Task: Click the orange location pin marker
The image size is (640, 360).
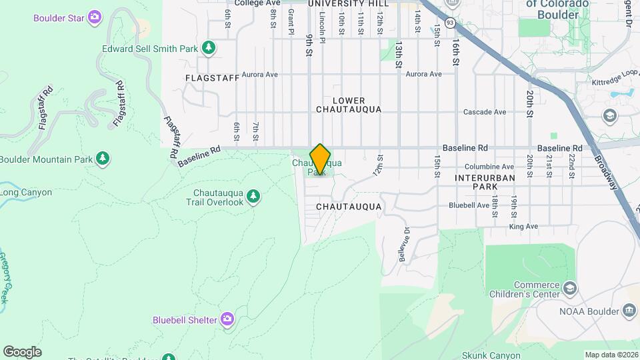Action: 320,159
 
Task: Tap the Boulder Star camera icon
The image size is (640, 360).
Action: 96,16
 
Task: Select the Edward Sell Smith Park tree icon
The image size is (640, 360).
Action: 209,47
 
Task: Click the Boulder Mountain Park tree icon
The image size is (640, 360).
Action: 103,158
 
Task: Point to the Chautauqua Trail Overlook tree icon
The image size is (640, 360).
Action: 253,195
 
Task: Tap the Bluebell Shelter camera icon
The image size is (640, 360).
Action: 228,319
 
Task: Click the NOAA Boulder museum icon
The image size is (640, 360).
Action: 628,310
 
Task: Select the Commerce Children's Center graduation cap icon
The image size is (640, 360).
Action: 570,288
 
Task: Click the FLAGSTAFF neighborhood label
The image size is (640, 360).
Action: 213,78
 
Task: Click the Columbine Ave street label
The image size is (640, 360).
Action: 490,167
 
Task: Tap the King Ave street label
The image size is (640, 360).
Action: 523,227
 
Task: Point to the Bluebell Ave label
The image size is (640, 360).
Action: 469,205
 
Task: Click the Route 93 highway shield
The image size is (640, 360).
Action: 451,23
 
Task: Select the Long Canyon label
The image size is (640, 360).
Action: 26,193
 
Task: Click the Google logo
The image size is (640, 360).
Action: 21,352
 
